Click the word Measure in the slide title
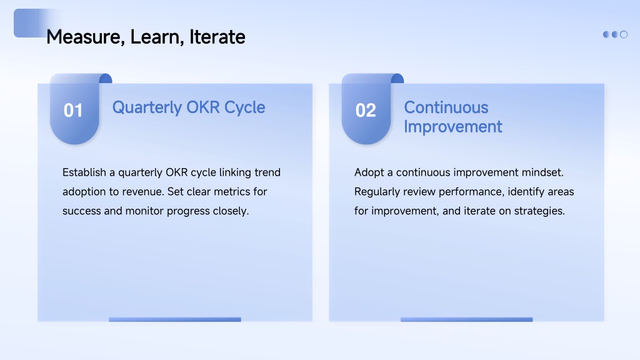(x=85, y=37)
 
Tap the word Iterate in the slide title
(x=217, y=37)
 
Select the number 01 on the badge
(x=74, y=110)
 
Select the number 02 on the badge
(x=365, y=110)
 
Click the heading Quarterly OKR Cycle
(x=189, y=107)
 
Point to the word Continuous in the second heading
(x=446, y=107)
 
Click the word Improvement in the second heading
(x=453, y=126)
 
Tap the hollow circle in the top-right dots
(x=624, y=35)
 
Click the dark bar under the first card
(x=175, y=319)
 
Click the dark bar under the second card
(x=466, y=319)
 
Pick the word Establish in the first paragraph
(x=84, y=172)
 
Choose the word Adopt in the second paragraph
(x=369, y=172)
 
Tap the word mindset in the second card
(x=542, y=172)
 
